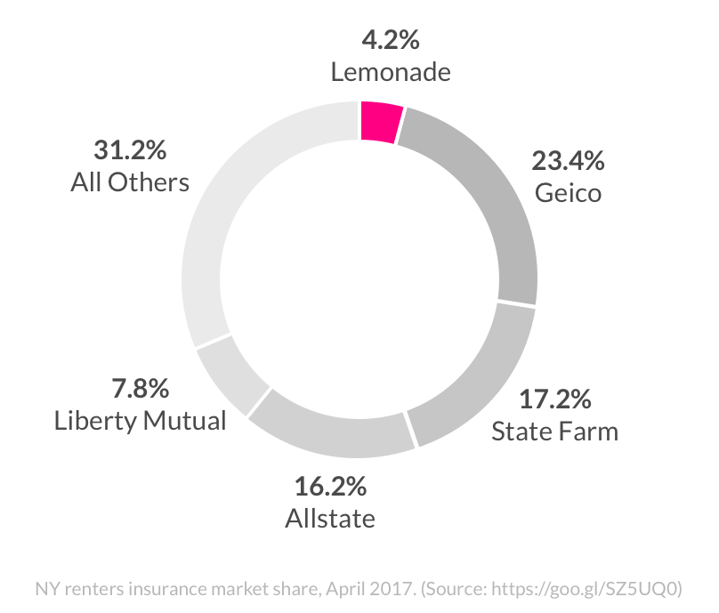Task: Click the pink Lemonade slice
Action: click(381, 122)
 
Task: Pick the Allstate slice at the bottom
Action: click(329, 432)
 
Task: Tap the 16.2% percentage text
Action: click(330, 487)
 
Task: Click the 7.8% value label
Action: click(140, 389)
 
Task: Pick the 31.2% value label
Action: click(130, 149)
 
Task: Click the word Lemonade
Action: click(390, 72)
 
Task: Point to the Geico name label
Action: click(568, 192)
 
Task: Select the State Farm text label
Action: click(554, 432)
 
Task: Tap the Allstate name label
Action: click(330, 518)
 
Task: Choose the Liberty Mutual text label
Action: click(140, 420)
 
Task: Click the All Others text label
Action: click(130, 181)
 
